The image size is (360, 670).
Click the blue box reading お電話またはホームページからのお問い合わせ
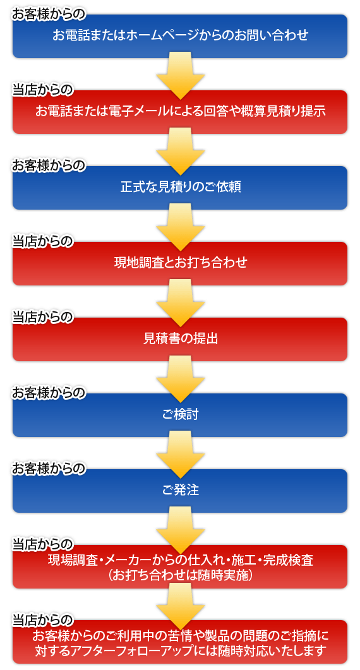180,36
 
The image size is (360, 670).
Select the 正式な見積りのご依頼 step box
180,188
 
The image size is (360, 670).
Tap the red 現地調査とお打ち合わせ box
180,263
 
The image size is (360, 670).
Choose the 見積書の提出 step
180,339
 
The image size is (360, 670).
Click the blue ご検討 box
180,415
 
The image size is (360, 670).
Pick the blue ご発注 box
180,491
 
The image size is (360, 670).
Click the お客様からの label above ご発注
48,469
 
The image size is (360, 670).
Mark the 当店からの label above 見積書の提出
43,317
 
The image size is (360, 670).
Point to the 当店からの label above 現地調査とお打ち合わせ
43,241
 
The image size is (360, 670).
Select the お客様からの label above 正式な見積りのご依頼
48,165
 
